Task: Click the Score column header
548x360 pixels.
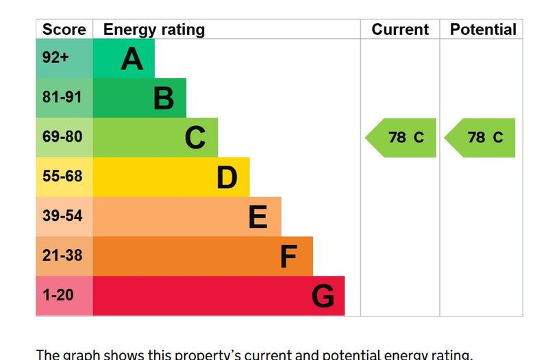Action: click(64, 29)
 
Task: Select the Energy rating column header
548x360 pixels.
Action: click(153, 29)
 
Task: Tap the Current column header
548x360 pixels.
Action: click(400, 29)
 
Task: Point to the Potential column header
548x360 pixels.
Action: click(483, 29)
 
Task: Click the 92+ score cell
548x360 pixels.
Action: click(55, 57)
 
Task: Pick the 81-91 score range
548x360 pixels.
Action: click(62, 97)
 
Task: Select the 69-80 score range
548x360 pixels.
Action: click(62, 137)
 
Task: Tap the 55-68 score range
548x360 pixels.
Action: click(62, 176)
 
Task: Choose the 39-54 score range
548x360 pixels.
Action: click(62, 216)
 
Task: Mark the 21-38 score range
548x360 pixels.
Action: click(62, 255)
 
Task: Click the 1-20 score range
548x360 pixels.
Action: click(58, 295)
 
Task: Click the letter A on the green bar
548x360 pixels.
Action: click(132, 59)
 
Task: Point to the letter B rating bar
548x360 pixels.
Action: click(164, 99)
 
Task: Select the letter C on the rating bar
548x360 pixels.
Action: click(195, 138)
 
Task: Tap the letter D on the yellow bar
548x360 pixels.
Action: click(227, 177)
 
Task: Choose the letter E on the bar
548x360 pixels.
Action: click(258, 217)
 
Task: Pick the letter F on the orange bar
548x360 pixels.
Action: click(288, 257)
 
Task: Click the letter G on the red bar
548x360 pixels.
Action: click(323, 296)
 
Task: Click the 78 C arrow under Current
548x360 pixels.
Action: click(402, 138)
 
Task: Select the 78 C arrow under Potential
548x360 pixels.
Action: click(482, 138)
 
